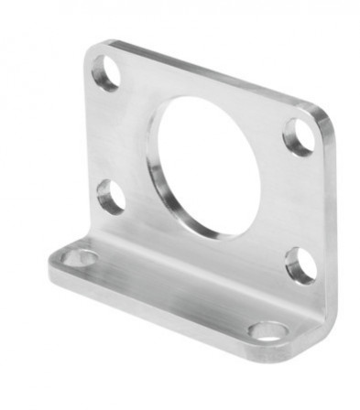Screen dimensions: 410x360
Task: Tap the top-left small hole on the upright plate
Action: click(x=106, y=73)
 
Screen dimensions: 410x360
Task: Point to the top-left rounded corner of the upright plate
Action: click(x=94, y=51)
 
